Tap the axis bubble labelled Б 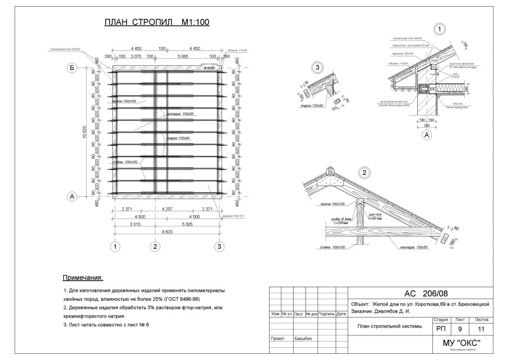coord(72,68)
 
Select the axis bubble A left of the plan coord(72,197)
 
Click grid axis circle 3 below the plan coord(220,246)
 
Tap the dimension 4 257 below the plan coord(167,209)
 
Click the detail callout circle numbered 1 coord(440,29)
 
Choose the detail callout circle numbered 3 coord(318,68)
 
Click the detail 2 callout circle coord(364,172)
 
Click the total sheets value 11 coord(481,329)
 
